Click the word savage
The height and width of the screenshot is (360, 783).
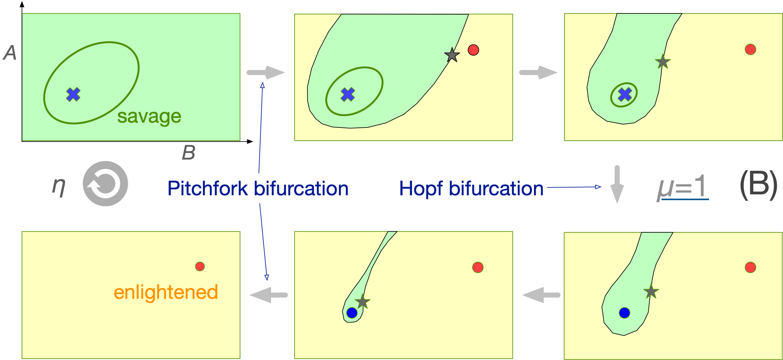[149, 116]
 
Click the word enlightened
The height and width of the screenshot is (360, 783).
[166, 292]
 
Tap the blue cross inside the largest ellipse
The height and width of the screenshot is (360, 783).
[73, 94]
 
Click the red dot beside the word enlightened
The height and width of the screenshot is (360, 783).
[200, 266]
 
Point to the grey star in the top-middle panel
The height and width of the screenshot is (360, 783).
[452, 55]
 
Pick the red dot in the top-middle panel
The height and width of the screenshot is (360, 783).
[473, 50]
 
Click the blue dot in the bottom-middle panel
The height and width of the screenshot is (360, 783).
[352, 312]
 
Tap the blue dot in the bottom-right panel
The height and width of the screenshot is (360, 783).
[624, 312]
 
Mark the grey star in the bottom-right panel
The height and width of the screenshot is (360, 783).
[651, 292]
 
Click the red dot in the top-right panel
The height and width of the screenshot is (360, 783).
[750, 49]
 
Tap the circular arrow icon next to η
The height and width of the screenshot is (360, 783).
[105, 183]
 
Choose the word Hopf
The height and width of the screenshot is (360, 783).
[421, 188]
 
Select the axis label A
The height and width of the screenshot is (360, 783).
[10, 53]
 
